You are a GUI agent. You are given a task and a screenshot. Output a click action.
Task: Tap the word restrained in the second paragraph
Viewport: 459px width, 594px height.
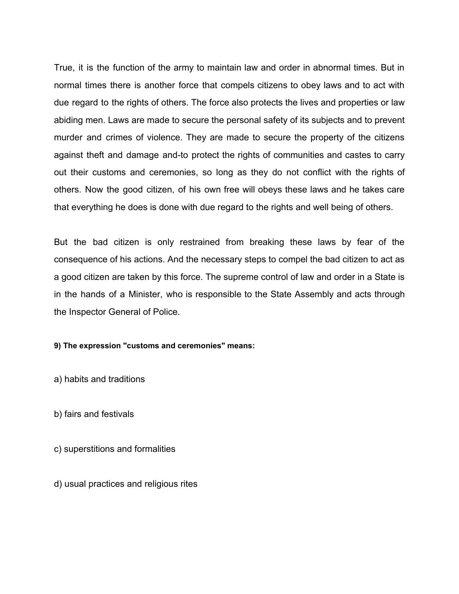click(x=199, y=242)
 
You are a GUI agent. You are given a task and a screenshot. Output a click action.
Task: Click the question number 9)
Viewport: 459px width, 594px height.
click(x=58, y=346)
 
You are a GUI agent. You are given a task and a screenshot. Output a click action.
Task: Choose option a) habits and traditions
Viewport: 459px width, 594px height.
click(x=99, y=379)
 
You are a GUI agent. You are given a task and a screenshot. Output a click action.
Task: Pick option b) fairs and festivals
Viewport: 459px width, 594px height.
click(x=94, y=414)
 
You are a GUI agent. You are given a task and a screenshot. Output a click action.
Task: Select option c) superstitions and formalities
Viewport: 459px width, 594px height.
click(x=114, y=449)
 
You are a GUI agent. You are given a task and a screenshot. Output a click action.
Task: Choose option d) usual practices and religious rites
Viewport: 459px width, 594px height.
click(x=126, y=484)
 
